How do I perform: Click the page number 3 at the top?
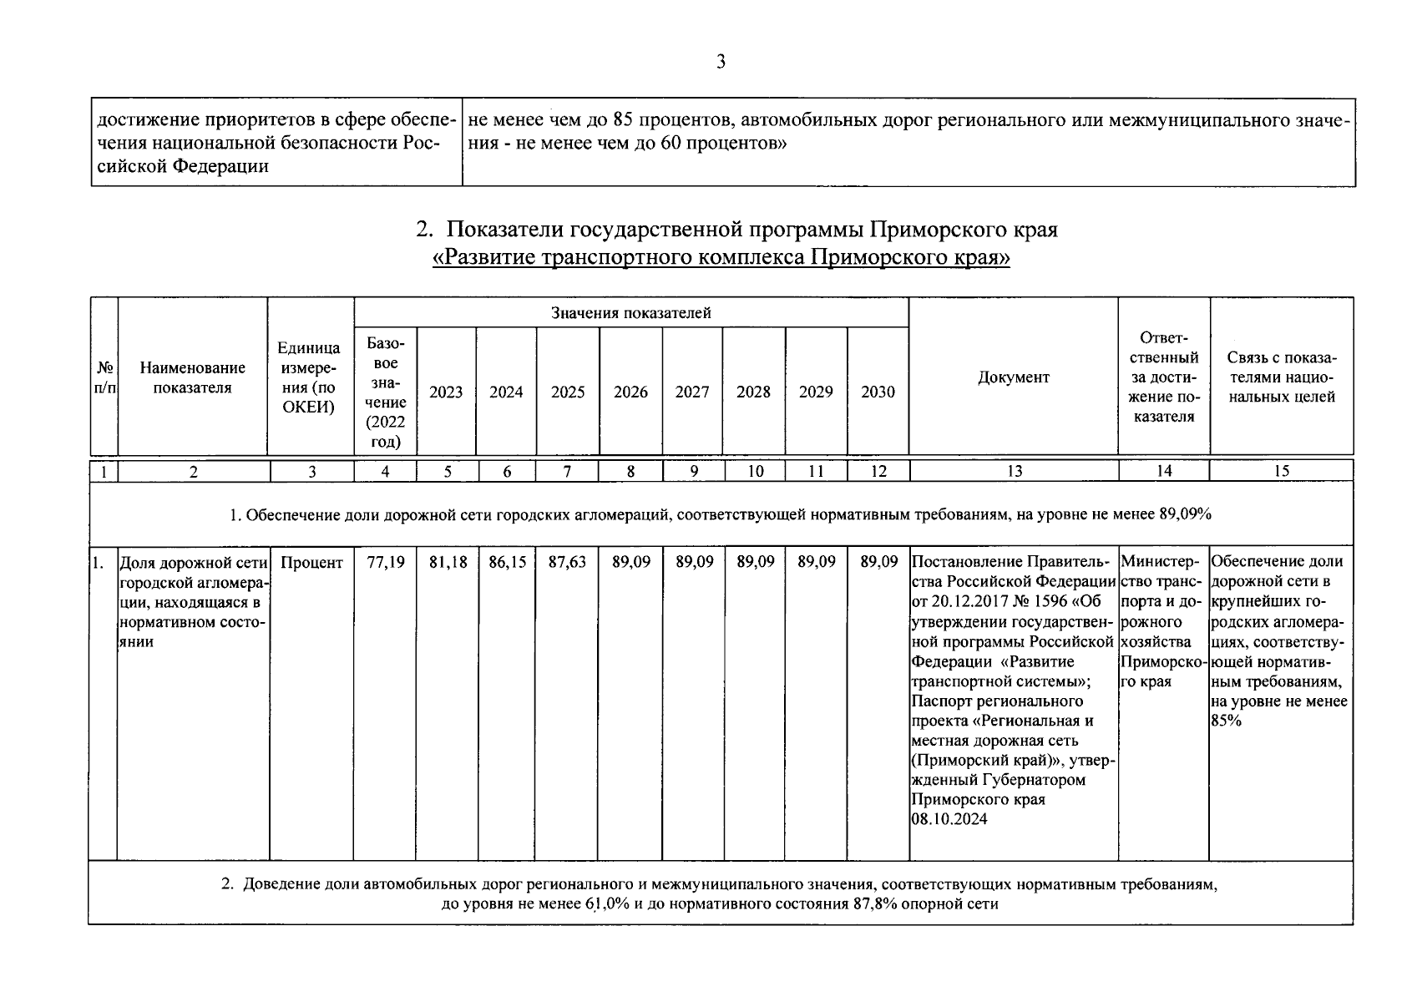pos(721,62)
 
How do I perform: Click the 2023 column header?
pos(446,392)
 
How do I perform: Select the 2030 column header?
pos(878,392)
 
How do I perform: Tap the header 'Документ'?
pos(1013,377)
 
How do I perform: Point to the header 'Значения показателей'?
pos(630,313)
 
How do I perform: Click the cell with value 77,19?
pos(385,563)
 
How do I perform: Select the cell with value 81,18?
pos(448,563)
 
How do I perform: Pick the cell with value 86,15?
pos(507,563)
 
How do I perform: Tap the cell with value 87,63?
pos(568,563)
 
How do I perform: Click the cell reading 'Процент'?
pos(311,563)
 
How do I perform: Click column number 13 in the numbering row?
pos(1014,471)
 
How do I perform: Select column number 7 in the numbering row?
pos(567,471)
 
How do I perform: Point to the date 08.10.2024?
pos(949,820)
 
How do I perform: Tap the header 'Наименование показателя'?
pos(193,377)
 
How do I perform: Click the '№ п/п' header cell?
pos(104,377)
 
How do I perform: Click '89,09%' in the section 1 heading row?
pos(1184,514)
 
